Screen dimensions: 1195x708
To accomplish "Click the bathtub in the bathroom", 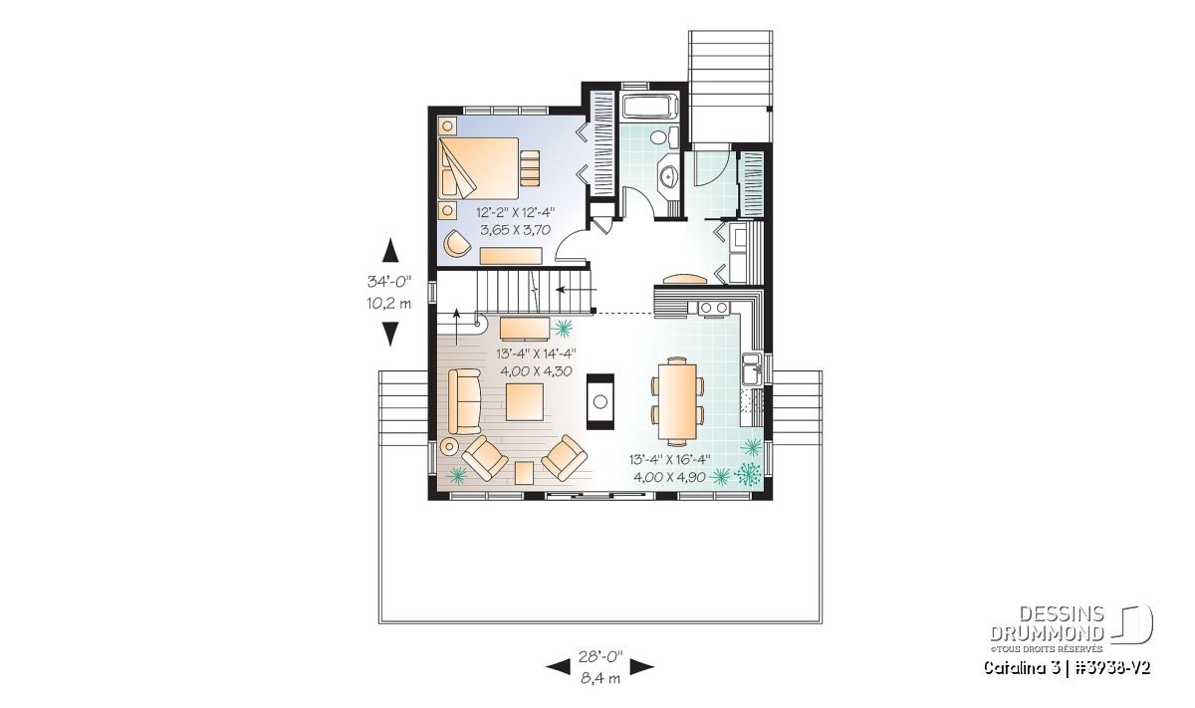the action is tap(650, 106).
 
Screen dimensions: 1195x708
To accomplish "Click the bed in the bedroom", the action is tap(479, 167).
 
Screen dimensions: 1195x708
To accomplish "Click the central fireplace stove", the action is tap(600, 401).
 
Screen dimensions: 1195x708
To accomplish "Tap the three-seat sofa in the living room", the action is tap(465, 401).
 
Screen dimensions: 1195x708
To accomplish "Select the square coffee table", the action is tap(525, 402).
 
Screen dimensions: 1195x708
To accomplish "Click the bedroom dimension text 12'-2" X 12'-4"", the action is tap(516, 212).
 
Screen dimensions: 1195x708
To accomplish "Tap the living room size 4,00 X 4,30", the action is tap(536, 370).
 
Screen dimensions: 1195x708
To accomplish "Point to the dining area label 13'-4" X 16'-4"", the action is tap(669, 459).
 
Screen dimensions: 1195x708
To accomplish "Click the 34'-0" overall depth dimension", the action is tap(389, 281).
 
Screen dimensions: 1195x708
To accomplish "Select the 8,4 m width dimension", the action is tap(600, 679).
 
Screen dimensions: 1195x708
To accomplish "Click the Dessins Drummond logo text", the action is tap(1047, 623).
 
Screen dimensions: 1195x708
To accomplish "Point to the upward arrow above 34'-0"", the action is tap(391, 250).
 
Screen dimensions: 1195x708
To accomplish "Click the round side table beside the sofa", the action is tap(449, 446).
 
